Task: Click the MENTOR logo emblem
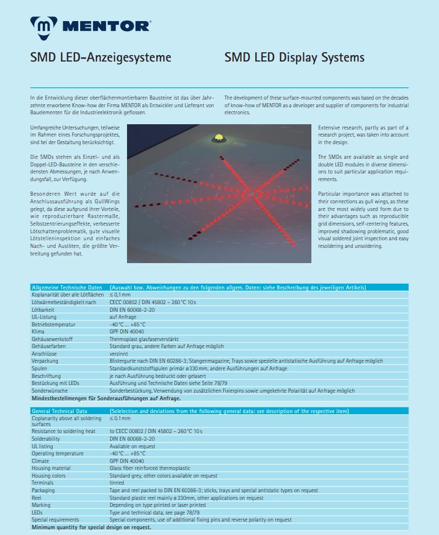pyautogui.click(x=42, y=26)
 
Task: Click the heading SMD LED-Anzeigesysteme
pyautogui.click(x=101, y=57)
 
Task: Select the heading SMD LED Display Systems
pyautogui.click(x=294, y=57)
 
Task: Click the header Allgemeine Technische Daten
pyautogui.click(x=67, y=288)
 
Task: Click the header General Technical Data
pyautogui.click(x=59, y=411)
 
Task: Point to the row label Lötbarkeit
pyautogui.click(x=44, y=309)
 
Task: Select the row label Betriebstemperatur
pyautogui.click(x=53, y=324)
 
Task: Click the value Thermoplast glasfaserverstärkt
pyautogui.click(x=144, y=339)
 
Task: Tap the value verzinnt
pyautogui.click(x=119, y=354)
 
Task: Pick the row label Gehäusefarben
pyautogui.click(x=49, y=346)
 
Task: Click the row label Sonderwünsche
pyautogui.click(x=50, y=391)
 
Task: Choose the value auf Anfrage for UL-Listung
pyautogui.click(x=123, y=317)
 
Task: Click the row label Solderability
pyautogui.click(x=46, y=439)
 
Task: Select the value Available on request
pyautogui.click(x=132, y=447)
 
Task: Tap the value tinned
pyautogui.click(x=116, y=483)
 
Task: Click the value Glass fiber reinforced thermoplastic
pyautogui.click(x=150, y=468)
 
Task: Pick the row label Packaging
pyautogui.click(x=43, y=490)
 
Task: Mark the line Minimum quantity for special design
pyautogui.click(x=91, y=527)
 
